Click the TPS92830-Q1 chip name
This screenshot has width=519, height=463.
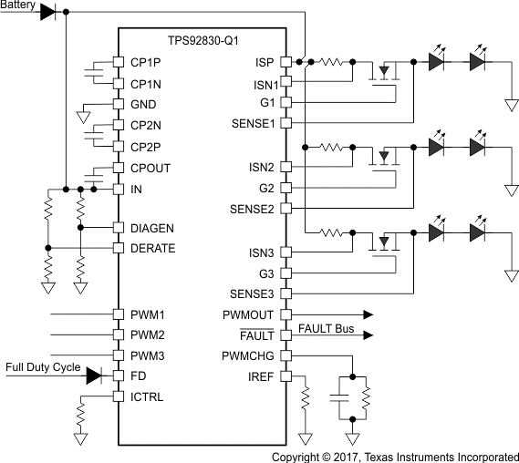(x=202, y=42)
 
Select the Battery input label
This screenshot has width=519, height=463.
(x=20, y=5)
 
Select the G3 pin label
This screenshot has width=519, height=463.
(x=266, y=273)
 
